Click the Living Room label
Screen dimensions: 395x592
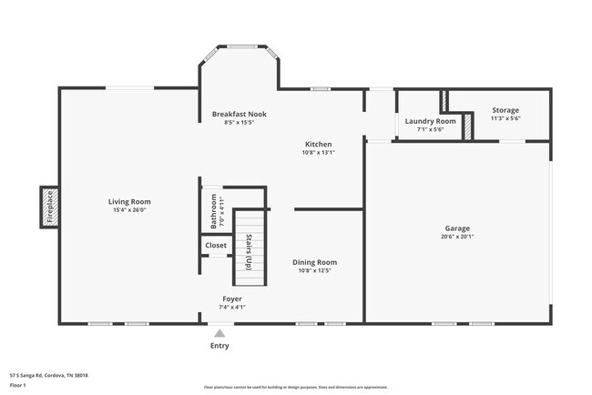coord(129,202)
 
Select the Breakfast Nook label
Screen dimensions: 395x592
coord(236,114)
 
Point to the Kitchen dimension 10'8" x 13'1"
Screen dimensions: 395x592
coord(318,153)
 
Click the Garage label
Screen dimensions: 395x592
coord(456,228)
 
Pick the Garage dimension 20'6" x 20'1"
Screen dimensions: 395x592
coord(456,238)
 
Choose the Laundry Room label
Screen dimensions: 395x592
coord(430,121)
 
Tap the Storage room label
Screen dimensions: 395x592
coord(505,110)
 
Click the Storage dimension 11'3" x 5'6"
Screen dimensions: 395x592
coord(505,119)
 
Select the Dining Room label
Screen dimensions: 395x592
coord(314,262)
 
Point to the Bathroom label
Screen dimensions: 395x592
coord(214,210)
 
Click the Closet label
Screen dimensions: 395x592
coord(216,246)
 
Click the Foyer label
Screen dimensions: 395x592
coord(232,299)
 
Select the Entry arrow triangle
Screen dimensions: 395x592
coord(219,333)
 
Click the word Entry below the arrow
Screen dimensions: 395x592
coord(219,346)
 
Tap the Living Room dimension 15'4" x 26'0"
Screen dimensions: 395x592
coord(129,211)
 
